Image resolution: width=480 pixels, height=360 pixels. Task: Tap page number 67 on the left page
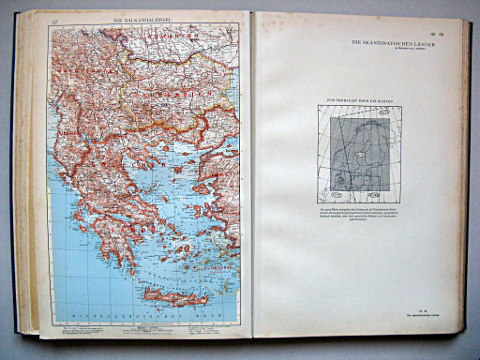click(56, 21)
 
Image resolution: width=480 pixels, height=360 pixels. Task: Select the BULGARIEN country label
click(184, 95)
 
